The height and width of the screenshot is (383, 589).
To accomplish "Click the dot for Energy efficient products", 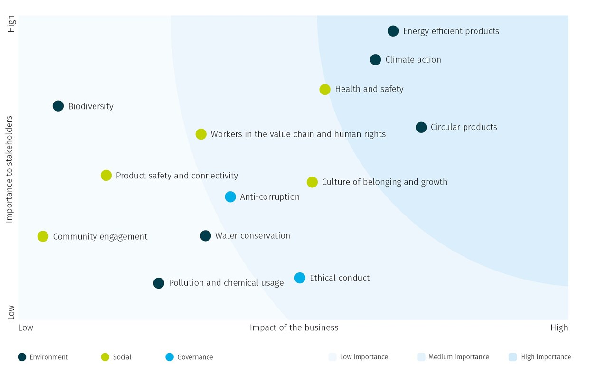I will pyautogui.click(x=393, y=31).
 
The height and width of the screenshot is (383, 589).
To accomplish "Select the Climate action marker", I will pyautogui.click(x=375, y=60).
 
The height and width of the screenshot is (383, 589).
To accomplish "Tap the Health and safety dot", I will pyautogui.click(x=324, y=89).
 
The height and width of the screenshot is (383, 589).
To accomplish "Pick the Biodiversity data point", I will pyautogui.click(x=58, y=106).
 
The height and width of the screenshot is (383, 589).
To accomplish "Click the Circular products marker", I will pyautogui.click(x=421, y=127).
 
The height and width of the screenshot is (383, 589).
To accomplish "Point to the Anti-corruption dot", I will pyautogui.click(x=230, y=197).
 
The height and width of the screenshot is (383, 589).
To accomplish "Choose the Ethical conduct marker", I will pyautogui.click(x=300, y=278).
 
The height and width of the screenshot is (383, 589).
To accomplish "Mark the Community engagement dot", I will pyautogui.click(x=43, y=236).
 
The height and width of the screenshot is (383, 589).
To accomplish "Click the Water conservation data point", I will pyautogui.click(x=205, y=236).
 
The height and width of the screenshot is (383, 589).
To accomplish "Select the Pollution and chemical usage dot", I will pyautogui.click(x=159, y=283).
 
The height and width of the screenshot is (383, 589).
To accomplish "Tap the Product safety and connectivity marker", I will pyautogui.click(x=106, y=176).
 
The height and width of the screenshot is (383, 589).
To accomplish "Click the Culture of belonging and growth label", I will pyautogui.click(x=384, y=182).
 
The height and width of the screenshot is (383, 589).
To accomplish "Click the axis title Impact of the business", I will pyautogui.click(x=294, y=327).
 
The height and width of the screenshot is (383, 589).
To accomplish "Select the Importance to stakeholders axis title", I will pyautogui.click(x=9, y=169).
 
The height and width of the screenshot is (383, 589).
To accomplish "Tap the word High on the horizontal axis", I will pyautogui.click(x=559, y=327).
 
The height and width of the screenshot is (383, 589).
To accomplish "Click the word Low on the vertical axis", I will pyautogui.click(x=11, y=312).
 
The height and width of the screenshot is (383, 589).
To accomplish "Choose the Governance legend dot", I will pyautogui.click(x=170, y=357).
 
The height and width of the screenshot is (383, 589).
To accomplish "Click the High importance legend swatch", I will pyautogui.click(x=513, y=357).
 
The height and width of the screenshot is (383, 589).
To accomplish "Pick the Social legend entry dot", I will pyautogui.click(x=105, y=357).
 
